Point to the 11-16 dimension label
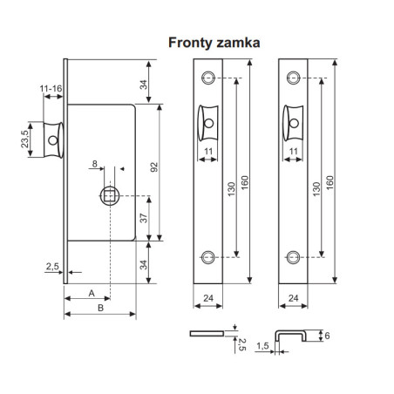(49, 89)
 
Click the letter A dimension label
(92, 294)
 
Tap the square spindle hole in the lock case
(111, 194)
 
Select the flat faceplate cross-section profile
(209, 332)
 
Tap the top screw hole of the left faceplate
(207, 78)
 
